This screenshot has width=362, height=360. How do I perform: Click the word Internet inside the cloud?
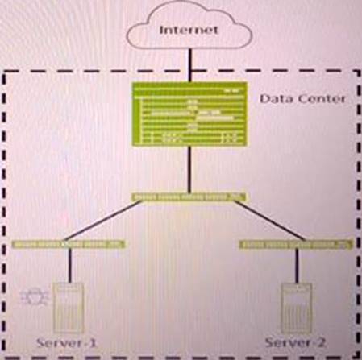point(189,30)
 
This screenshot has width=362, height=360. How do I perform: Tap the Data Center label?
point(302,99)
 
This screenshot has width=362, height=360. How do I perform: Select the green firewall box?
point(189,114)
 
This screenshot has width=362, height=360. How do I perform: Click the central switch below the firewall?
point(189,197)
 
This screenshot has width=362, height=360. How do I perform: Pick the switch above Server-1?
point(69,244)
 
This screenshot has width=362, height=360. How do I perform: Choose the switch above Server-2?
point(296,245)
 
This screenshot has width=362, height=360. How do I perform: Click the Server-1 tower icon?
point(69,308)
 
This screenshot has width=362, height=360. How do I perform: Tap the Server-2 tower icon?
point(297,308)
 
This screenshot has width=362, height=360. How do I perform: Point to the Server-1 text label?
point(66,343)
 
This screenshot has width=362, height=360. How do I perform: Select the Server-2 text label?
point(295,342)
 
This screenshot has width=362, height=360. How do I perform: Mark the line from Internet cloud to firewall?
point(190,65)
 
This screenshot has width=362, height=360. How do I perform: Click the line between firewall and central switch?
point(190,169)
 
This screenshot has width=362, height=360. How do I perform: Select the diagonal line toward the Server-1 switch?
point(102,221)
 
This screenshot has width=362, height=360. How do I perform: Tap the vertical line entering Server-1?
point(70,266)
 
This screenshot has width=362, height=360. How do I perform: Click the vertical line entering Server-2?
point(298,266)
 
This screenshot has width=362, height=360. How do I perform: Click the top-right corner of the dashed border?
point(359,71)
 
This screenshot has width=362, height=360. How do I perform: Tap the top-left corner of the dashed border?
point(4,72)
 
